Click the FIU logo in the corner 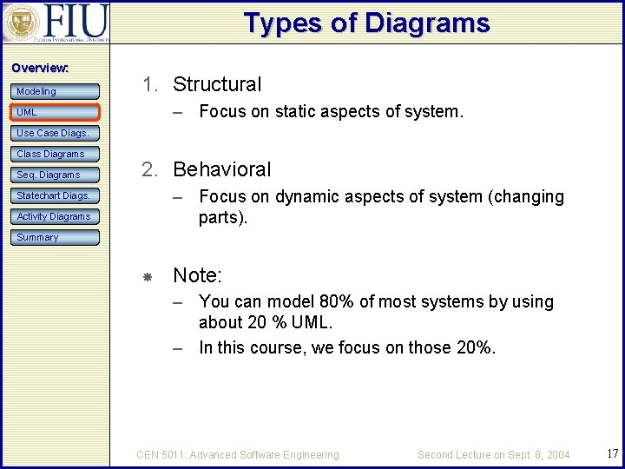coord(56,23)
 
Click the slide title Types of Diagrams coord(366,23)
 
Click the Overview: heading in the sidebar coord(40,68)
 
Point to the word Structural coord(217,84)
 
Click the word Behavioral coord(222,169)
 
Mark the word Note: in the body coord(198,275)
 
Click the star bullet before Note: coord(148,276)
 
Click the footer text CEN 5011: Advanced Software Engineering coord(238,454)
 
